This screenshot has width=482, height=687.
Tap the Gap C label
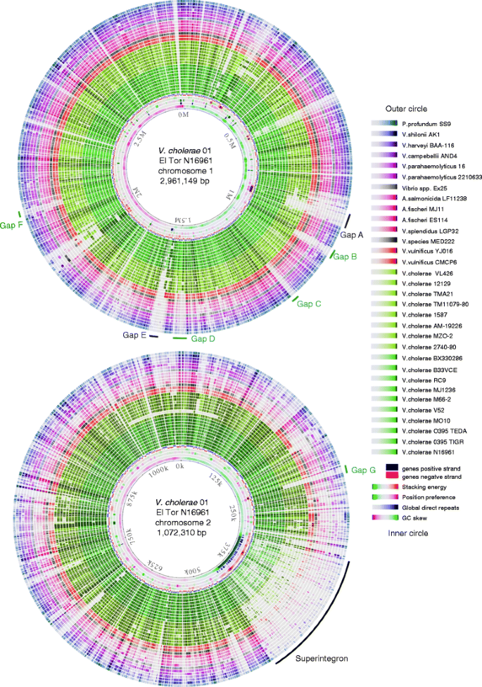pos(309,304)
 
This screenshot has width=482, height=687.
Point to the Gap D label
pos(203,340)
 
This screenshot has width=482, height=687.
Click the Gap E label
pos(134,335)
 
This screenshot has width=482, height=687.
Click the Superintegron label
pos(318,661)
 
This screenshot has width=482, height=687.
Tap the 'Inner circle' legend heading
pos(407,533)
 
